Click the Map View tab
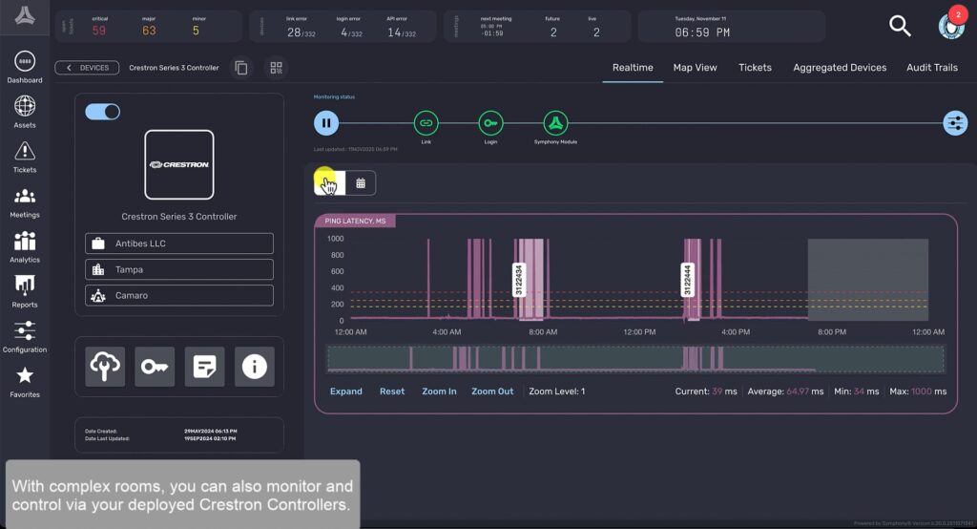(695, 68)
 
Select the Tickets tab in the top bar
(755, 68)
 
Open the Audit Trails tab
(931, 68)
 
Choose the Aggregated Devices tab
(840, 68)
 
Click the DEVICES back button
(87, 68)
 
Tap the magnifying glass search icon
(900, 26)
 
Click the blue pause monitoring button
(326, 122)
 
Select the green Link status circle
(426, 122)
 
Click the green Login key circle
(490, 122)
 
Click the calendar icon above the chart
(361, 182)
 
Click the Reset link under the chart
(392, 391)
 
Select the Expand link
(346, 391)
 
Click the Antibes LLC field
(179, 243)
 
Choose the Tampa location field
(179, 269)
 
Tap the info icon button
(254, 367)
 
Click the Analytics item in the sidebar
(25, 246)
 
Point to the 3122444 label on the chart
(689, 281)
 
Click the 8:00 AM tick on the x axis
(543, 332)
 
